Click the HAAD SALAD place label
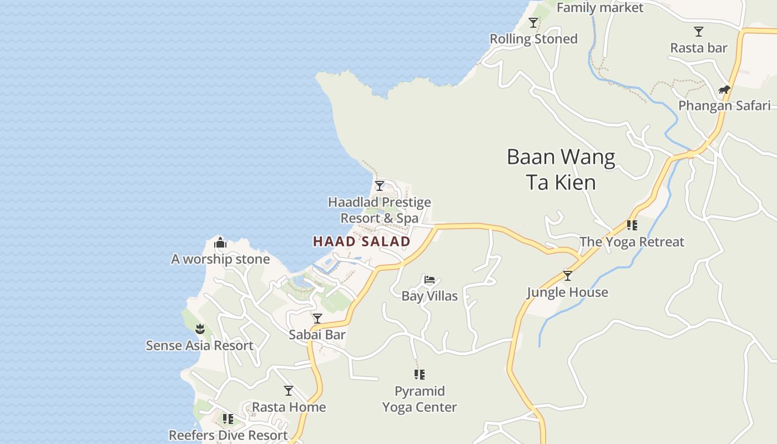[361, 241]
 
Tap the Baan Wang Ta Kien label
[561, 169]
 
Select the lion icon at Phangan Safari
[724, 90]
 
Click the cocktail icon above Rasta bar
[699, 32]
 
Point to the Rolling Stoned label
[533, 39]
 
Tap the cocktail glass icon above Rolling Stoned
[533, 23]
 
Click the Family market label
[599, 8]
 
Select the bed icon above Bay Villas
[429, 280]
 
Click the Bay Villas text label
[430, 296]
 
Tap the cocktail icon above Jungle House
[567, 276]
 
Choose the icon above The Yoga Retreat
[632, 225]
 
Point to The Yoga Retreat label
[632, 242]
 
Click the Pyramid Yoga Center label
[420, 399]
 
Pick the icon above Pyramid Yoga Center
[420, 375]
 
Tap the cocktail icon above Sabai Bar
[317, 319]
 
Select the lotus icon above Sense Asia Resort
[200, 329]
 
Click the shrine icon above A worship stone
[220, 243]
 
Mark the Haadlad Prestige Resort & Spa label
[380, 210]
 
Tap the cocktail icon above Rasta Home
[289, 391]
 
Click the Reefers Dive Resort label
[228, 435]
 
